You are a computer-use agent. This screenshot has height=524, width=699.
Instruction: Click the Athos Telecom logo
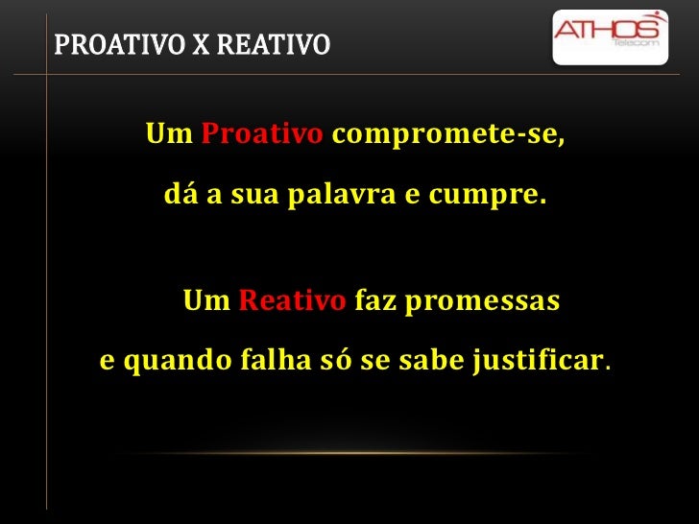[610, 36]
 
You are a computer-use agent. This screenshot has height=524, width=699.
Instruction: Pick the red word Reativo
[292, 302]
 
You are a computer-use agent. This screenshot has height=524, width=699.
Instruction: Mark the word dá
[178, 197]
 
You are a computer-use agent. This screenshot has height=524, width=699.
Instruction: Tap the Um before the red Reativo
[205, 302]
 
